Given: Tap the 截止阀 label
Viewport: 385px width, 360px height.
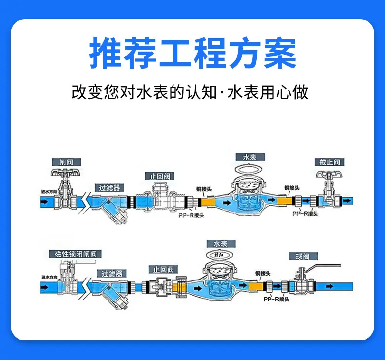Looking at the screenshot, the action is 330,162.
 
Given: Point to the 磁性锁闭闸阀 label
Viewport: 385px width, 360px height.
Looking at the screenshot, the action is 73,254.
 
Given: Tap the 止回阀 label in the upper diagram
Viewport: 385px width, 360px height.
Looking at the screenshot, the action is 160,177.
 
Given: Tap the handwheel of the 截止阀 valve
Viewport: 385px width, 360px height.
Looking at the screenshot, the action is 330,174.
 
